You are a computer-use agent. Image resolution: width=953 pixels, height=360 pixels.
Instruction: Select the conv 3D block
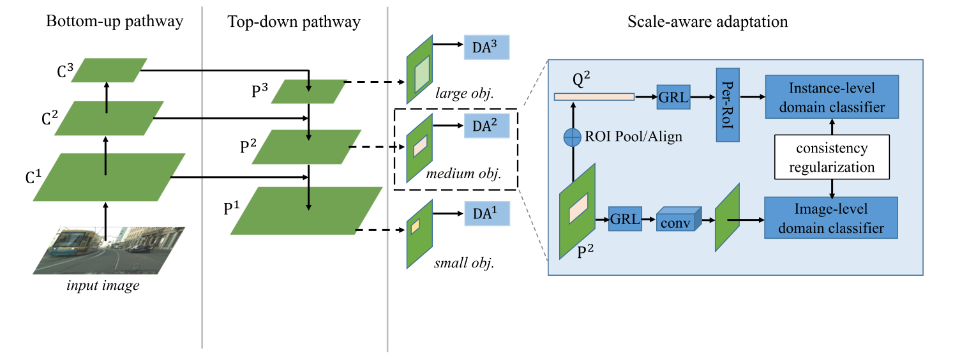(679, 221)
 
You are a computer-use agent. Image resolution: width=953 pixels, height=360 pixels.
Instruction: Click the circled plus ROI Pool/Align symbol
(573, 137)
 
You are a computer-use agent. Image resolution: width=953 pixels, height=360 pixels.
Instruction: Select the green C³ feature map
(109, 70)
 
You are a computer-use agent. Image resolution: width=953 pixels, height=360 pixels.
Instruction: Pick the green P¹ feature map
(306, 211)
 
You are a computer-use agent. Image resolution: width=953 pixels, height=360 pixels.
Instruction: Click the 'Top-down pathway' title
(294, 22)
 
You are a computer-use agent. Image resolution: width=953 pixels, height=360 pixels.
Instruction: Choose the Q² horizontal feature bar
(594, 97)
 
